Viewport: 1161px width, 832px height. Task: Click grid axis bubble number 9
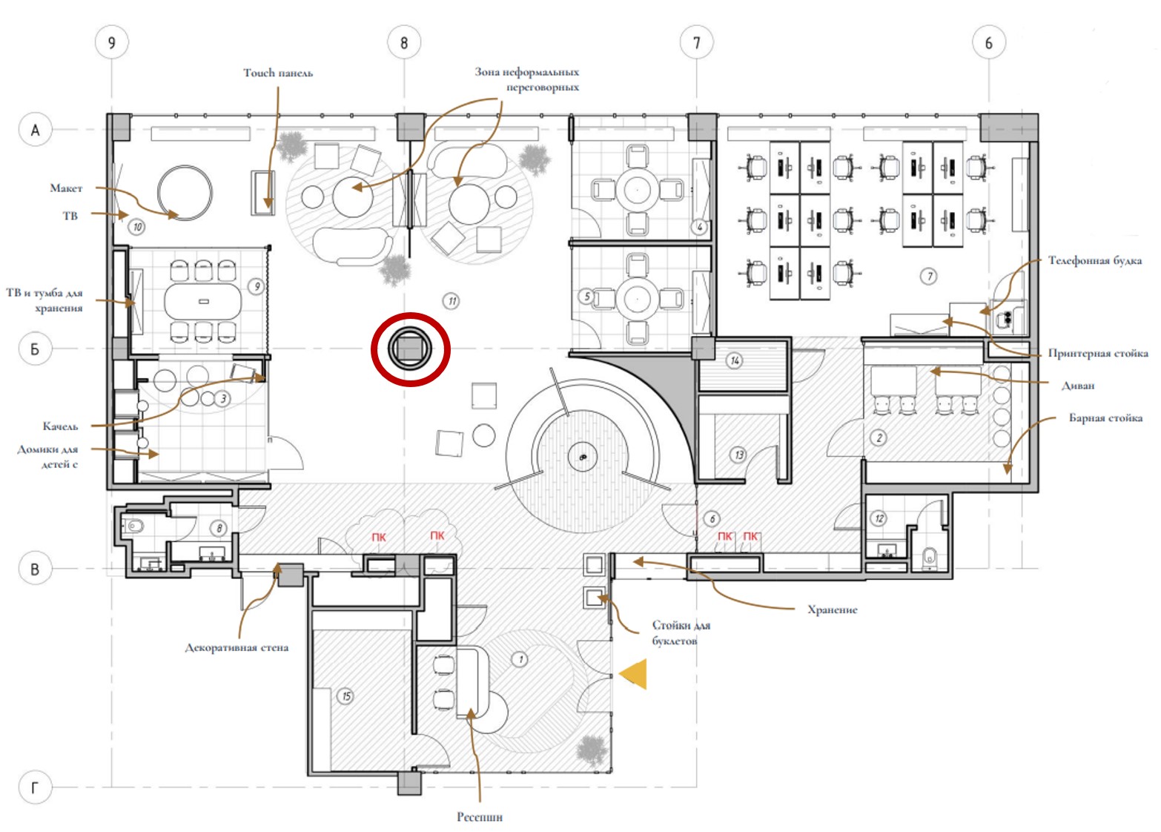[x=111, y=42]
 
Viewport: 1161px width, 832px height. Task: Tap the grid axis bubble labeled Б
[x=35, y=349]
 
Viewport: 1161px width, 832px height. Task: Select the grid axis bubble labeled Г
[x=35, y=788]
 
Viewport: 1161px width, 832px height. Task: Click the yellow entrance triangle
[x=633, y=674]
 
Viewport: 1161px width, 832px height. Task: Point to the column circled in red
[x=410, y=349]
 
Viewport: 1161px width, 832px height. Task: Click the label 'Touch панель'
[x=278, y=73]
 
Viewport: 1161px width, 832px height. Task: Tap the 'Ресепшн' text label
[x=480, y=817]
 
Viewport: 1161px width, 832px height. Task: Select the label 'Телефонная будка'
[x=1095, y=260]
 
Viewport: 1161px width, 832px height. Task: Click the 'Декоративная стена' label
[x=236, y=647]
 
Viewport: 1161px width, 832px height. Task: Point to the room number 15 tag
[x=345, y=696]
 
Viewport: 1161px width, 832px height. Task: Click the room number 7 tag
[x=929, y=277]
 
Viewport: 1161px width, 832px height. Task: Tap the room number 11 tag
[x=452, y=300]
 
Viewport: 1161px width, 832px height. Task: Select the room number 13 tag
[x=738, y=455]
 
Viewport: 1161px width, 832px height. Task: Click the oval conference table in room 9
[x=203, y=301]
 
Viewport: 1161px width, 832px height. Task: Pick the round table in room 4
[x=637, y=191]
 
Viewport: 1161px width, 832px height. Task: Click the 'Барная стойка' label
[x=1105, y=417]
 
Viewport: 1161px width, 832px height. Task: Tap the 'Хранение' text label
[x=833, y=610]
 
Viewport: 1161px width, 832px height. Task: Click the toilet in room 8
[x=133, y=526]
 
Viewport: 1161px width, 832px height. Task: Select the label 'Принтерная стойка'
[x=1098, y=353]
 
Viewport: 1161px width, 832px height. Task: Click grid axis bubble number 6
[x=988, y=42]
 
